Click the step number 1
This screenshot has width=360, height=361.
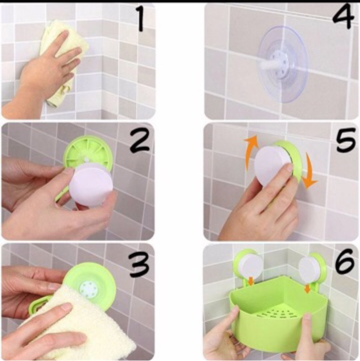coord(140,19)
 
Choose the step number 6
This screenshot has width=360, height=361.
coord(344,261)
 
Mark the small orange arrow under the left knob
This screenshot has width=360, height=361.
coord(251,280)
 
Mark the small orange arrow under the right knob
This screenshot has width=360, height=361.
coord(307,288)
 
